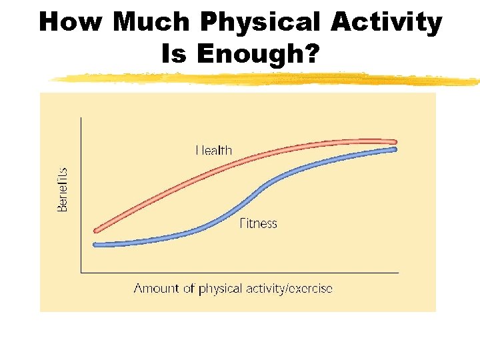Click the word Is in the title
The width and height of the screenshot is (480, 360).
[174, 54]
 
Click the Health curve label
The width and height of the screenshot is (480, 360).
[214, 150]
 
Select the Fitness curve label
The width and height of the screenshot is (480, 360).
[258, 224]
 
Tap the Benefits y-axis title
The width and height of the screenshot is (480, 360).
[62, 189]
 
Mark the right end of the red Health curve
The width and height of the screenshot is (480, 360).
[394, 141]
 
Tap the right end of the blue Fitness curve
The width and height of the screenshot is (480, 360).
[394, 149]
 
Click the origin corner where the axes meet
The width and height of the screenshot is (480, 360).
[81, 272]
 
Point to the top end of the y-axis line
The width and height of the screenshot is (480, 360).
[81, 118]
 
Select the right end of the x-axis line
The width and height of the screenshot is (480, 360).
[398, 272]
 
